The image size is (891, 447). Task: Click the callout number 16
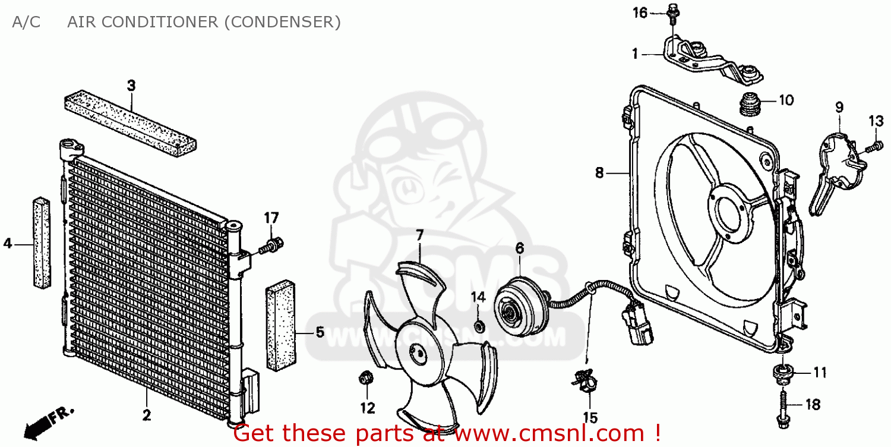point(639,12)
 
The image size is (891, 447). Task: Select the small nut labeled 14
point(479,326)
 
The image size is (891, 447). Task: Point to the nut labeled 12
point(366,377)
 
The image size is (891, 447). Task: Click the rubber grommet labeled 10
point(750,105)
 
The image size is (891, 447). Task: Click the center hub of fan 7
point(420,354)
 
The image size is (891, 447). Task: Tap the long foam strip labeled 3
point(131,121)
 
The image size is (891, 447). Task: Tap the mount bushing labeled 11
point(782,373)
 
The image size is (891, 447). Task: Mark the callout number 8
point(599,173)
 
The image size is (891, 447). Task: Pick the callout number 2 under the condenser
point(147,415)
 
